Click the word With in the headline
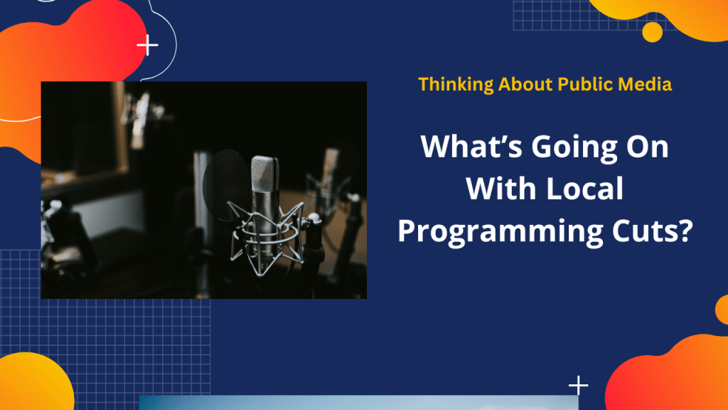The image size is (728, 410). (x=501, y=188)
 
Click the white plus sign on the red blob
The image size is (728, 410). (x=148, y=45)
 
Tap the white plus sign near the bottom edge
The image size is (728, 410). (x=579, y=385)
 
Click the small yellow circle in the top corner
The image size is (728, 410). (x=653, y=32)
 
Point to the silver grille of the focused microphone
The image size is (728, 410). (x=265, y=174)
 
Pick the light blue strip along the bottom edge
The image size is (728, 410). (x=359, y=403)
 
